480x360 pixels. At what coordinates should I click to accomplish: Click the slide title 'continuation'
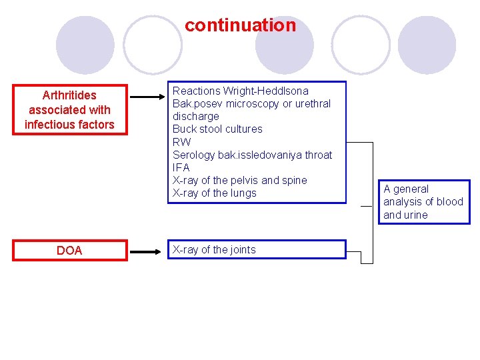(x=240, y=25)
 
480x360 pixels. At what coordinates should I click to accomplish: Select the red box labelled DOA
(x=69, y=251)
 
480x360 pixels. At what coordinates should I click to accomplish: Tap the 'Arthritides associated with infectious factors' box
(x=69, y=110)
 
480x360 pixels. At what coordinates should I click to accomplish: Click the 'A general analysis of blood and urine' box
(x=423, y=202)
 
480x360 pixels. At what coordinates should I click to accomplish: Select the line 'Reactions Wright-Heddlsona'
(x=240, y=91)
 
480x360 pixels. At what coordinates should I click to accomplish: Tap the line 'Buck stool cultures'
(x=217, y=129)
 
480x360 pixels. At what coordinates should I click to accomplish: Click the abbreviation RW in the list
(x=181, y=142)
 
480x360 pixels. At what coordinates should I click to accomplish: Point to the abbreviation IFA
(x=181, y=167)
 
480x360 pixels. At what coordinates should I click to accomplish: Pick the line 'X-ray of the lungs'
(x=214, y=193)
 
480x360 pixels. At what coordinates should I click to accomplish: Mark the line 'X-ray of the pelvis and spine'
(x=239, y=180)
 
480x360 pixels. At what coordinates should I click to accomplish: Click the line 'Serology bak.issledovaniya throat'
(x=252, y=155)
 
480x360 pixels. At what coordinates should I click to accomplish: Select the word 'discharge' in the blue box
(x=195, y=116)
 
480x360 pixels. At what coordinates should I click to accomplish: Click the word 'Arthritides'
(x=69, y=95)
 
